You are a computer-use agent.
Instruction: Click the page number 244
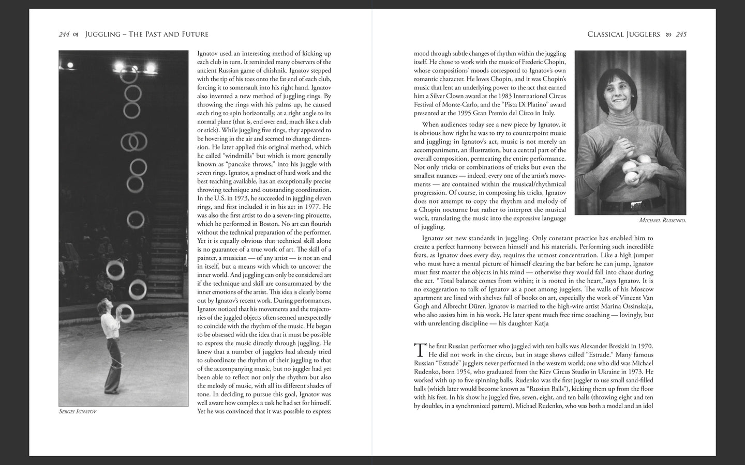tap(64, 35)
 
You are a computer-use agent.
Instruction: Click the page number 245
tap(681, 35)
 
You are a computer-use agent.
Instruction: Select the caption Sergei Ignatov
tap(78, 412)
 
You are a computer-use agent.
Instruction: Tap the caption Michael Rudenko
tap(662, 221)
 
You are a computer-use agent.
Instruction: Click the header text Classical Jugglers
tap(623, 35)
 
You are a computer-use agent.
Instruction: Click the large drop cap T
tap(420, 350)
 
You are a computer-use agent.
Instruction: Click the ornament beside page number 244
tap(76, 35)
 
